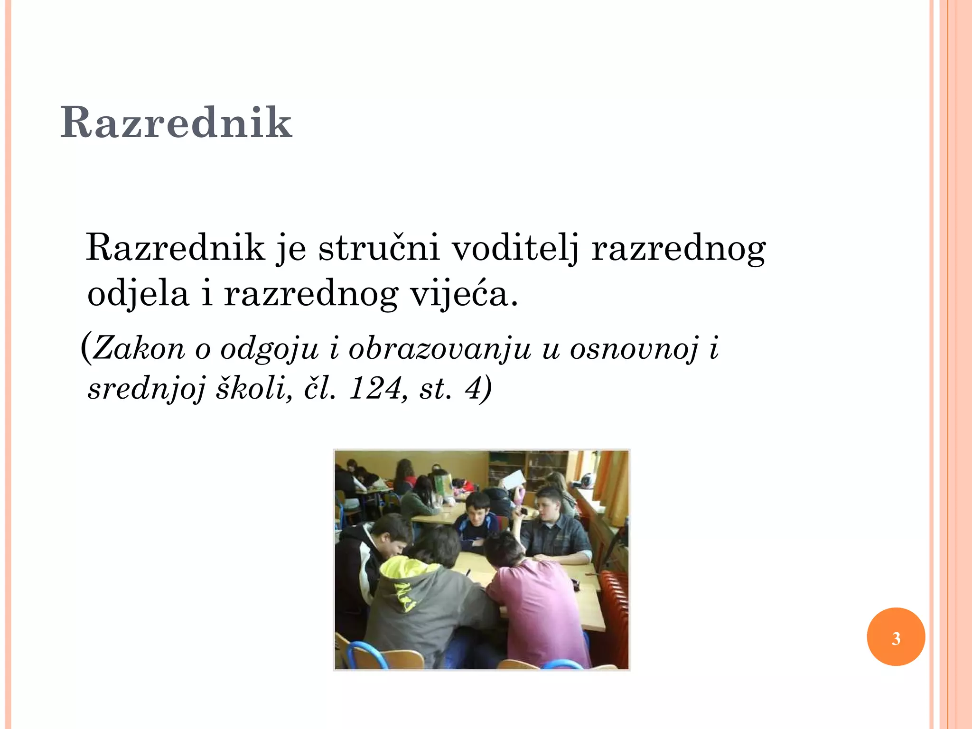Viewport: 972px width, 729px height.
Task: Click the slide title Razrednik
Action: pos(176,122)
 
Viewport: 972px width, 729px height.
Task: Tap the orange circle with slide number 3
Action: pos(896,637)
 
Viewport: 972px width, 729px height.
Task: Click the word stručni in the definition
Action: pos(379,248)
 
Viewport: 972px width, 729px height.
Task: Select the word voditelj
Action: pos(515,248)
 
